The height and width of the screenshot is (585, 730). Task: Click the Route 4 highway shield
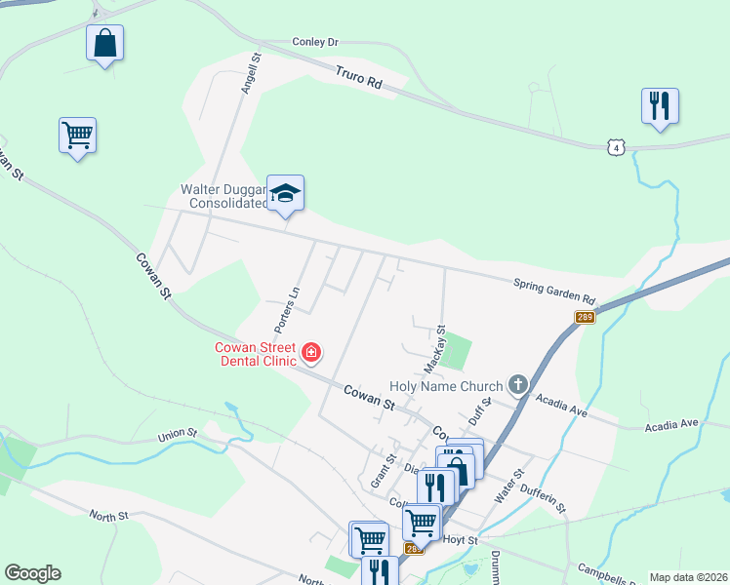pyautogui.click(x=614, y=147)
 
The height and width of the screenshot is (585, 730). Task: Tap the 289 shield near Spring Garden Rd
pyautogui.click(x=585, y=319)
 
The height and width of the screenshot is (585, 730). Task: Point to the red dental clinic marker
pyautogui.click(x=311, y=352)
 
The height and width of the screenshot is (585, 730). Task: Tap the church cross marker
pyautogui.click(x=517, y=386)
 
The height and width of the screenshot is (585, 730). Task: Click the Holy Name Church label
pyautogui.click(x=445, y=387)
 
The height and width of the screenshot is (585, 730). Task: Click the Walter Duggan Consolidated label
pyautogui.click(x=223, y=197)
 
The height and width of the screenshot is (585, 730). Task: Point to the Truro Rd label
pyautogui.click(x=358, y=78)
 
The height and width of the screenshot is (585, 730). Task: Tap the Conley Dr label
pyautogui.click(x=314, y=42)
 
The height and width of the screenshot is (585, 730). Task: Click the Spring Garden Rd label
pyautogui.click(x=554, y=290)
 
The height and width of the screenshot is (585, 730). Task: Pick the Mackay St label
pyautogui.click(x=435, y=349)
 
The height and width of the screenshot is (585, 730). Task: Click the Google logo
pyautogui.click(x=32, y=573)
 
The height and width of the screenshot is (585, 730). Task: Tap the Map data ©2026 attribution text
pyautogui.click(x=688, y=577)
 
